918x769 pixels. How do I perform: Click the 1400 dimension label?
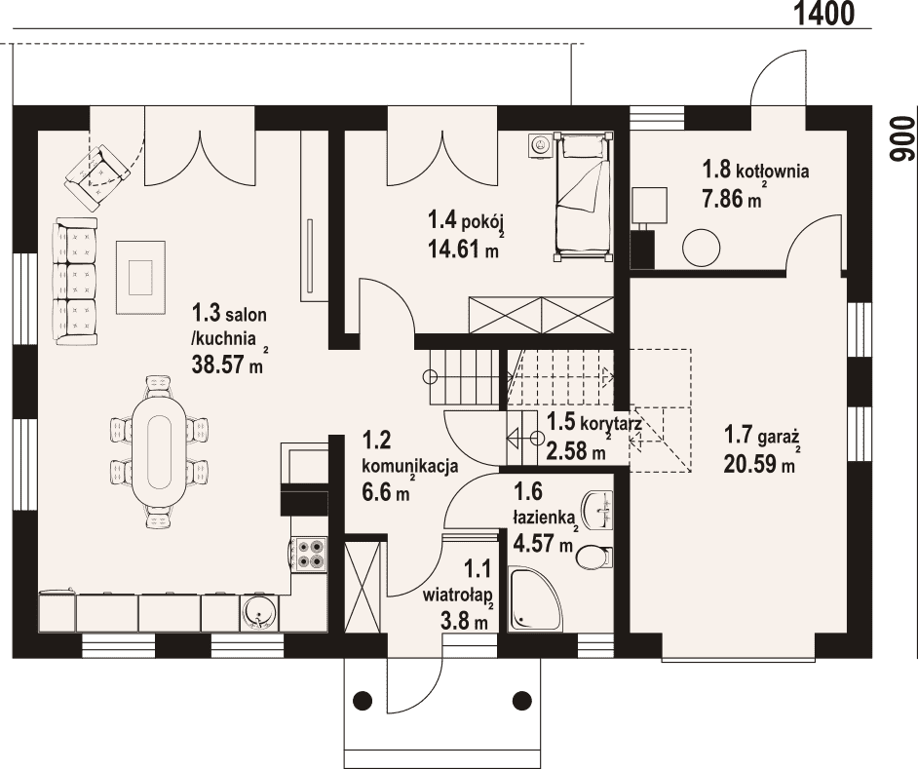[824, 13]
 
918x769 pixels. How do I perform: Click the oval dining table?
[159, 451]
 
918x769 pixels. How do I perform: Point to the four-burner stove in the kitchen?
[311, 554]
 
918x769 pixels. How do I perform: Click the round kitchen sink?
[259, 613]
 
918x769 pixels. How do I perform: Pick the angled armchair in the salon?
[97, 176]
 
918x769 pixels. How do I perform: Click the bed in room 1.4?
[583, 196]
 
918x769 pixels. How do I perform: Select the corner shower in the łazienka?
[535, 598]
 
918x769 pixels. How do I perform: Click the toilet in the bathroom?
[593, 557]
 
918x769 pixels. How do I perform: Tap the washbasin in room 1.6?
[597, 510]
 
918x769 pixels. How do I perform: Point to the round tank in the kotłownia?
[701, 248]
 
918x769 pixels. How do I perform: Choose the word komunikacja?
[410, 467]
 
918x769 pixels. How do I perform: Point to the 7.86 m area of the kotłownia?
[732, 198]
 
